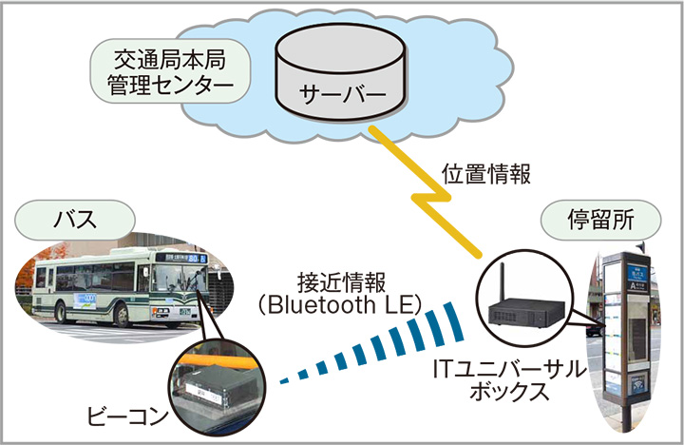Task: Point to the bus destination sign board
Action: point(185,256)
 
